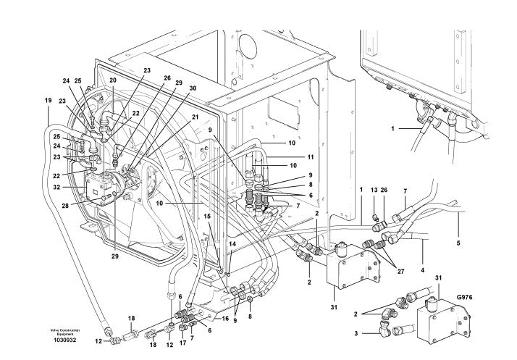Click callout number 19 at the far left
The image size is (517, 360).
pyautogui.click(x=48, y=100)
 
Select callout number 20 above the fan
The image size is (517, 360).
pyautogui.click(x=113, y=80)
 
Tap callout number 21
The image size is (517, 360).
pyautogui.click(x=196, y=117)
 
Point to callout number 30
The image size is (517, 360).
pyautogui.click(x=193, y=88)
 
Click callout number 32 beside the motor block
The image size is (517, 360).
pyautogui.click(x=56, y=187)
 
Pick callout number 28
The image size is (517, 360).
pyautogui.click(x=64, y=206)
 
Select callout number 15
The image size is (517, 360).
pyautogui.click(x=207, y=216)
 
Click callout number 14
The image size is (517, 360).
pyautogui.click(x=232, y=244)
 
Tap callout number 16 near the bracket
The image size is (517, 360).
pyautogui.click(x=225, y=319)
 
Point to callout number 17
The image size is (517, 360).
pyautogui.click(x=183, y=343)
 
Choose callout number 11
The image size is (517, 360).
pyautogui.click(x=311, y=157)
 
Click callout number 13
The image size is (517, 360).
pyautogui.click(x=374, y=190)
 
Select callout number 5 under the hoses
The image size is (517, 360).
pyautogui.click(x=458, y=243)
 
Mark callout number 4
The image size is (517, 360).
pyautogui.click(x=423, y=270)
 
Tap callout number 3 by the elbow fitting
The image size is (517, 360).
pyautogui.click(x=356, y=334)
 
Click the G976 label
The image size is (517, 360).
pyautogui.click(x=465, y=297)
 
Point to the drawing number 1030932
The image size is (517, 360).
pyautogui.click(x=65, y=340)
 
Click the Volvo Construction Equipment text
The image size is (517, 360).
pyautogui.click(x=65, y=332)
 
